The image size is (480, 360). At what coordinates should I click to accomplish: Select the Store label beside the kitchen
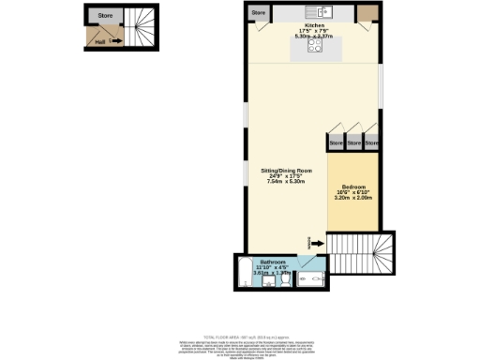click(x=260, y=13)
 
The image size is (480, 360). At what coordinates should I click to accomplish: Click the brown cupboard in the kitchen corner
click(x=369, y=12)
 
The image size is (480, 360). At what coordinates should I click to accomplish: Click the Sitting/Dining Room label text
click(x=286, y=172)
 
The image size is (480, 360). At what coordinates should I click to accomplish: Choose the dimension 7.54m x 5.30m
click(x=286, y=186)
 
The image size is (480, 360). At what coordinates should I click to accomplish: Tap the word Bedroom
click(x=354, y=186)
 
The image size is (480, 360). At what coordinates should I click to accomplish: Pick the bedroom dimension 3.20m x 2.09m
click(x=354, y=199)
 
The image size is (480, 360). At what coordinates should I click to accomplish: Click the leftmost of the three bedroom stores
click(x=336, y=143)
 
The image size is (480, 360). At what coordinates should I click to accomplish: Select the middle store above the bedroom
click(x=354, y=143)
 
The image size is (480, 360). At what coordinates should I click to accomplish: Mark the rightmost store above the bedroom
click(x=372, y=143)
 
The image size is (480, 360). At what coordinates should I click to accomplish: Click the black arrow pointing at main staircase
click(x=319, y=244)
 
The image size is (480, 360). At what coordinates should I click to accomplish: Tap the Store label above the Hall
click(x=107, y=15)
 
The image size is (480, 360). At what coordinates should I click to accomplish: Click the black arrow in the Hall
click(x=114, y=41)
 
